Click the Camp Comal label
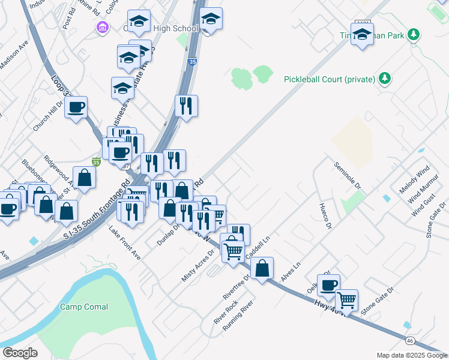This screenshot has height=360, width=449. [84, 307]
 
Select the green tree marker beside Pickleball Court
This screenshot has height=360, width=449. [385, 79]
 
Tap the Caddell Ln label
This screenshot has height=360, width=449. [259, 248]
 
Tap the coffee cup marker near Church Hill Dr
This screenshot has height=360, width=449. [76, 107]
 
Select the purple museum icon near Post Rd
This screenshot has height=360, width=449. [102, 28]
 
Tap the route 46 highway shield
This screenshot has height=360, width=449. [409, 340]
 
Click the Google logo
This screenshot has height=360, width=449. [20, 353]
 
